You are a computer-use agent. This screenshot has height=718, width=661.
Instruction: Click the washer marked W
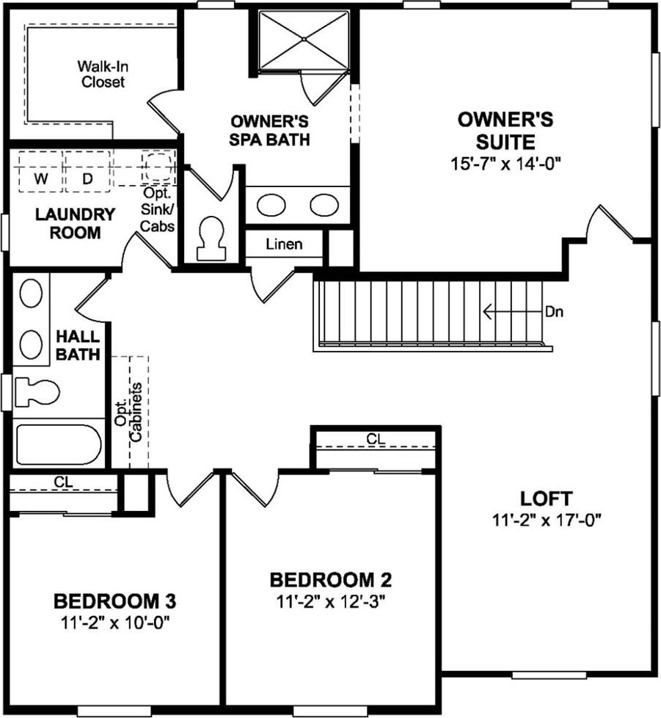pos(40,171)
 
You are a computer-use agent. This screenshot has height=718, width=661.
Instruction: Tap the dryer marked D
pos(87,171)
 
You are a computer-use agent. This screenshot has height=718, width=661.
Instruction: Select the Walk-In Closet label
pos(103,74)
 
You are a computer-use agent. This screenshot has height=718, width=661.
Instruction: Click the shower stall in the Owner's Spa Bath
pos(304,40)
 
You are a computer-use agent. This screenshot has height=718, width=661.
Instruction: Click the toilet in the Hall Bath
pos(37,392)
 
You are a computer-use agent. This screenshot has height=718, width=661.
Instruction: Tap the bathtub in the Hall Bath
pos(58,444)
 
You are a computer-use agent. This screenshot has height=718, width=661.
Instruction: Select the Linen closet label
pos(284,244)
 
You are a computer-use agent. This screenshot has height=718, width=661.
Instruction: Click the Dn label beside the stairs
pos(554,312)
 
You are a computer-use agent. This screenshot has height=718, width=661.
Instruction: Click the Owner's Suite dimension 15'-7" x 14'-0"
pos(505,164)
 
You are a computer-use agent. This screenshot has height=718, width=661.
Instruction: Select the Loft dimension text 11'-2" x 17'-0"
pos(546,521)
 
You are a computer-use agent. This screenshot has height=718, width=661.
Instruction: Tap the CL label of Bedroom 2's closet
pos(376,439)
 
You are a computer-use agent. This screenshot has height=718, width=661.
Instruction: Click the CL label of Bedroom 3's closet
pos(63,482)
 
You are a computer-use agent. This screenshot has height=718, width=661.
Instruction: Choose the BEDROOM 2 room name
pos(330,580)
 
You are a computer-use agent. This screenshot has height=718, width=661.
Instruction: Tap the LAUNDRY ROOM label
pos(75,223)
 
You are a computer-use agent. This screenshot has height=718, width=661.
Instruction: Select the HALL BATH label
pos(78,345)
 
